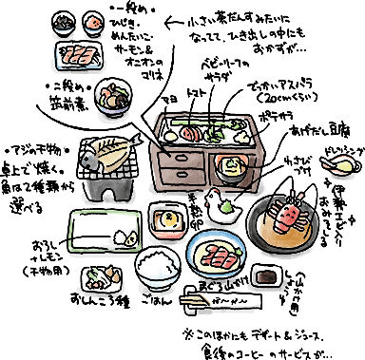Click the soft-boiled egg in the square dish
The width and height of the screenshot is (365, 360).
(x=171, y=220)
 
